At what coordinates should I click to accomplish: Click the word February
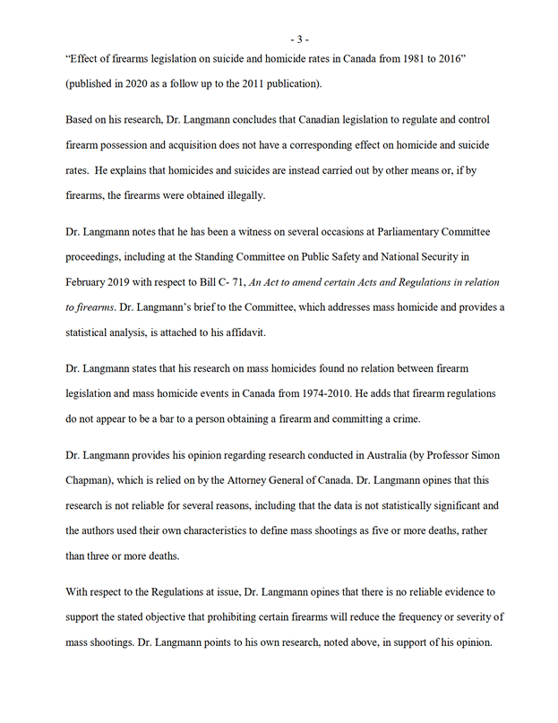click(89, 282)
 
